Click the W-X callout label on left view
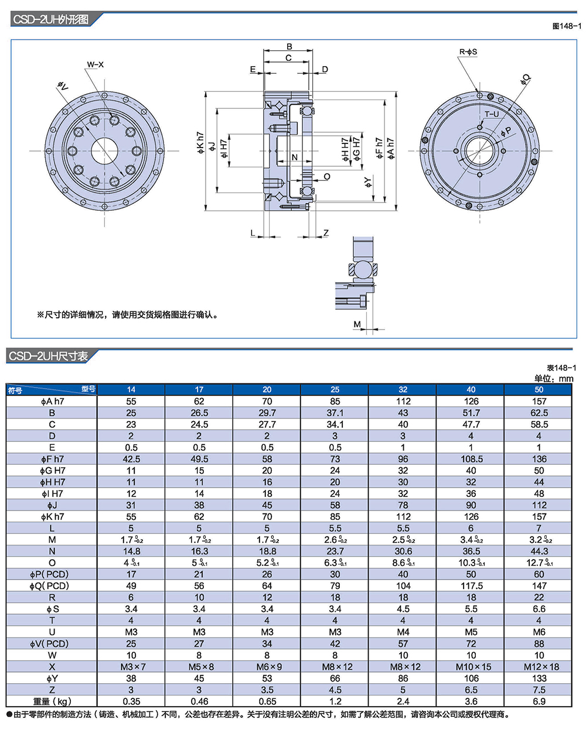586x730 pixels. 95,64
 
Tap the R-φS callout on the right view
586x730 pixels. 468,52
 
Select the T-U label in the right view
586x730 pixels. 492,114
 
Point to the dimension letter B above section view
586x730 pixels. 289,47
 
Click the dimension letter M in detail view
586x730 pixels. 357,324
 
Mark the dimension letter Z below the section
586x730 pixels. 326,233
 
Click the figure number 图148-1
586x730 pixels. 567,26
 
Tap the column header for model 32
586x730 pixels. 403,389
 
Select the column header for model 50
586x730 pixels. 539,389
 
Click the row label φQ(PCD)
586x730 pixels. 52,586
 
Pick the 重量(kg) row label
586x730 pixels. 52,701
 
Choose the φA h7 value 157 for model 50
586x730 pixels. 539,402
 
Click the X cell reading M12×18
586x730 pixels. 539,667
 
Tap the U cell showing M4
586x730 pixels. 403,632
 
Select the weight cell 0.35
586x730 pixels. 131,701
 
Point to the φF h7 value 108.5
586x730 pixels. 471,459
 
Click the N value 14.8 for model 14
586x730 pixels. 131,551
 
